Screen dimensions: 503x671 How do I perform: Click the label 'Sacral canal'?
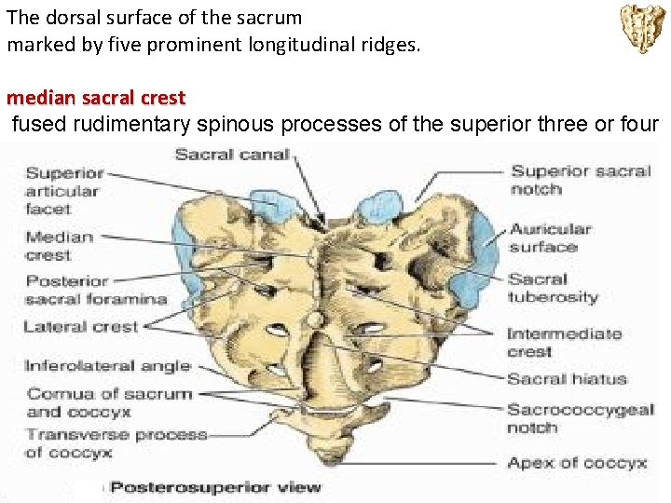(232, 154)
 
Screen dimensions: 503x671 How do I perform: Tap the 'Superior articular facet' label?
(63, 191)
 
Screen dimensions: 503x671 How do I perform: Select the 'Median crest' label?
(60, 246)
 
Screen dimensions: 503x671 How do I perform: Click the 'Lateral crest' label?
(80, 327)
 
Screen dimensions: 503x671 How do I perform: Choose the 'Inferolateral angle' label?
(107, 366)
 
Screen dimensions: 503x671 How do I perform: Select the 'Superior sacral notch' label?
(581, 180)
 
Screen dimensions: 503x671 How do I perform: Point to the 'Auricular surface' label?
(550, 238)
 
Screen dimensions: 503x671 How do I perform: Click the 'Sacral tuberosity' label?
(553, 288)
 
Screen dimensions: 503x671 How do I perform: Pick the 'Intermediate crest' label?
(564, 342)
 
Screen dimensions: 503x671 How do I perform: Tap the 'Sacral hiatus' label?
(567, 379)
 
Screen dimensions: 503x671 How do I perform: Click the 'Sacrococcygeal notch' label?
(581, 418)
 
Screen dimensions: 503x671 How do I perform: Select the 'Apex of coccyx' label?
(577, 462)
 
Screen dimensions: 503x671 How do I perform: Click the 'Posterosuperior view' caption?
(216, 486)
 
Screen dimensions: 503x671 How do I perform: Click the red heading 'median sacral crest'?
(96, 97)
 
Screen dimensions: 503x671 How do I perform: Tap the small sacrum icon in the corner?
(643, 28)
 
